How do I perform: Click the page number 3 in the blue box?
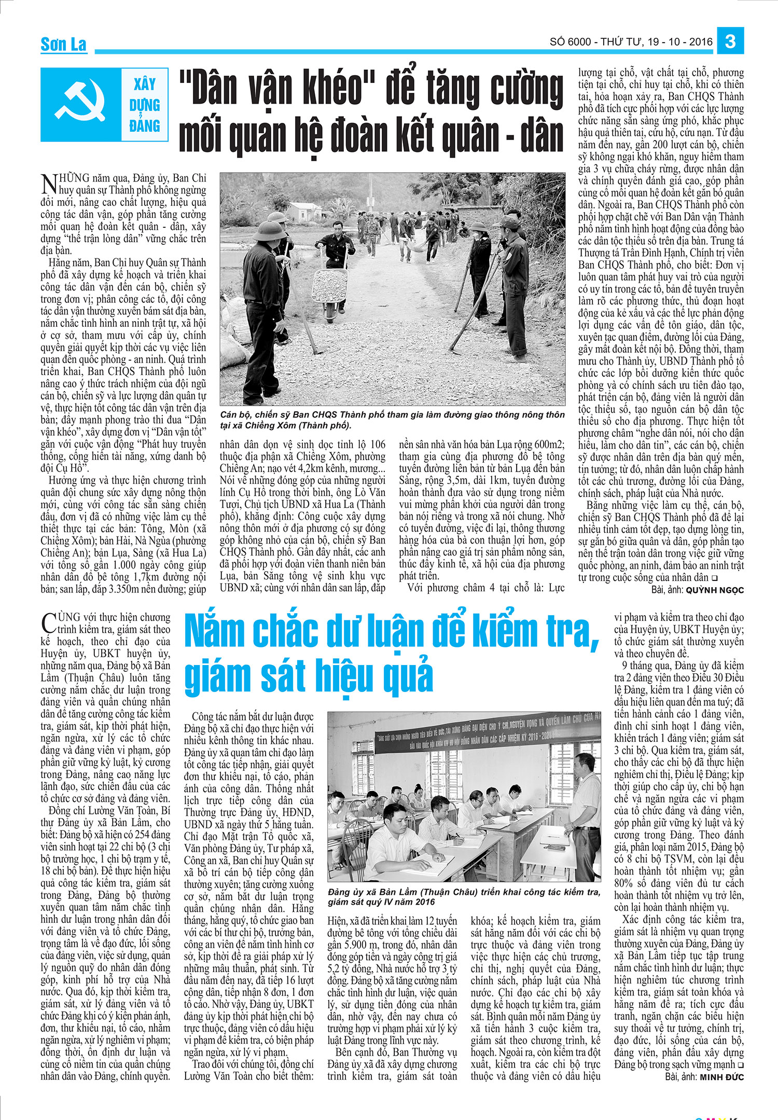point(730,41)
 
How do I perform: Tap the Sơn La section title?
point(63,45)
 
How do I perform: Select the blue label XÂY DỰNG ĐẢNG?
point(145,105)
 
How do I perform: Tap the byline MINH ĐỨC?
point(721,1077)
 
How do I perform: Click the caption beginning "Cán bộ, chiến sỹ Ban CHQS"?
point(392,420)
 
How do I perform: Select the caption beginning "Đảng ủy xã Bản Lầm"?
point(464,897)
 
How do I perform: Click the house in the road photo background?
point(303,209)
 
